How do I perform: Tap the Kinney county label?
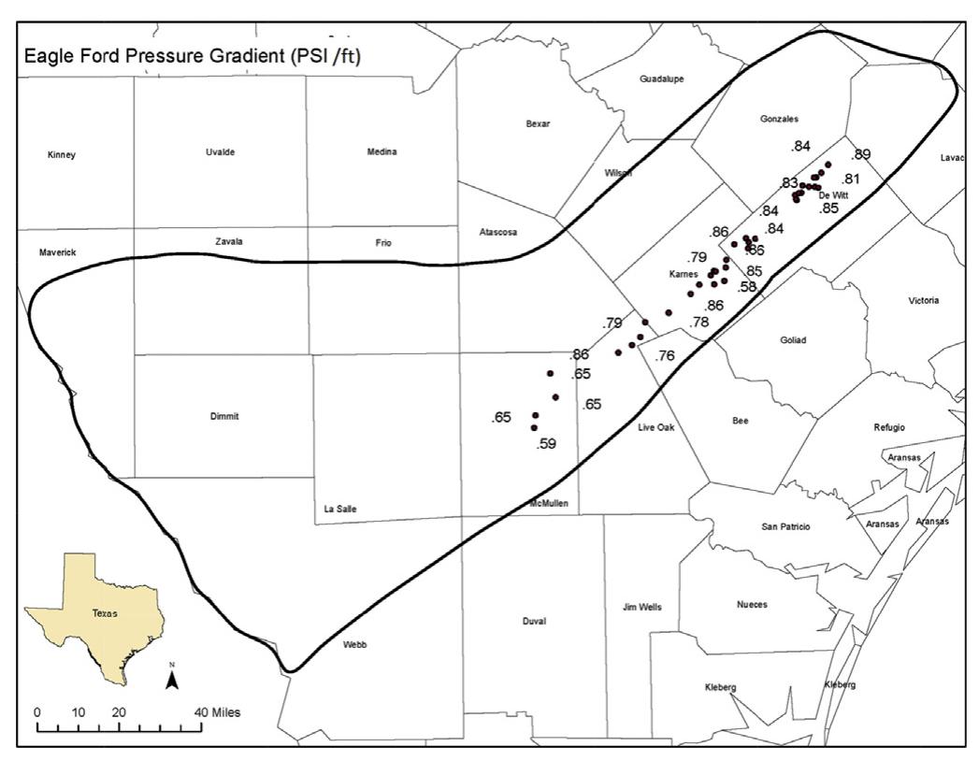pyautogui.click(x=61, y=155)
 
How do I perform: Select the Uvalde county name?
pyautogui.click(x=220, y=152)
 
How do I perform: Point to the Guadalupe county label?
pyautogui.click(x=661, y=79)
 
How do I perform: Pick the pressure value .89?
pyautogui.click(x=860, y=154)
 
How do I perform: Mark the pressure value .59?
pyautogui.click(x=547, y=444)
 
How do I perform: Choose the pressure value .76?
pyautogui.click(x=665, y=355)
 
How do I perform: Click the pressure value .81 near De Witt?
pyautogui.click(x=850, y=179)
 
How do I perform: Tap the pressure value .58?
pyautogui.click(x=747, y=287)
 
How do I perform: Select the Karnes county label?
pyautogui.click(x=684, y=275)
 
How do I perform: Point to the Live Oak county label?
pyautogui.click(x=655, y=427)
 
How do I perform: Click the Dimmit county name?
pyautogui.click(x=225, y=417)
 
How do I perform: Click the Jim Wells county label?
pyautogui.click(x=642, y=607)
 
